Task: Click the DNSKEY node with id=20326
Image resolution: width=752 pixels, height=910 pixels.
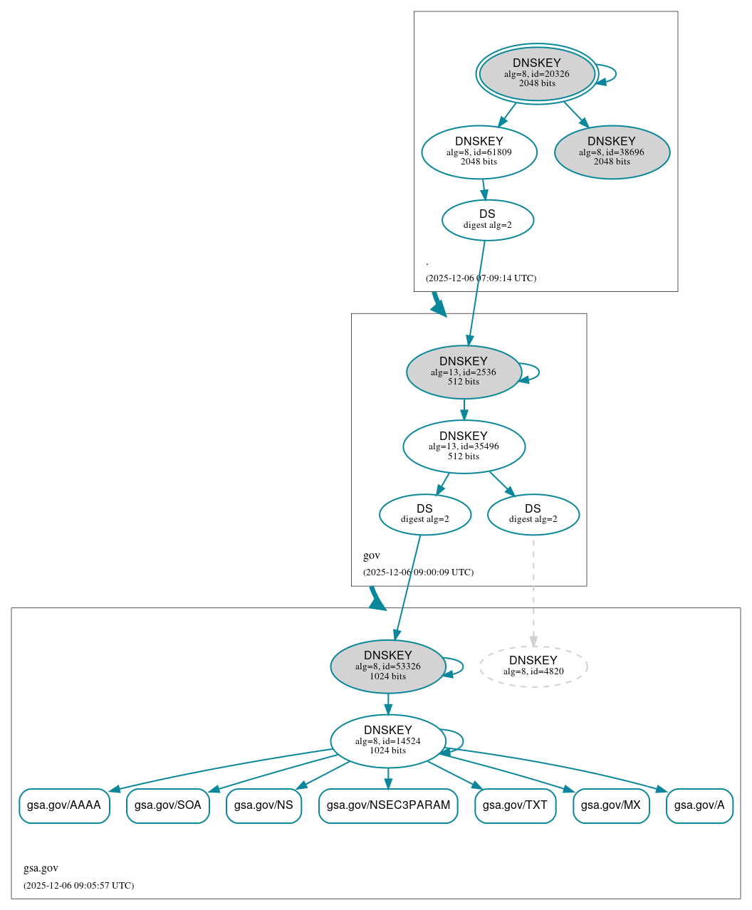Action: pos(537,74)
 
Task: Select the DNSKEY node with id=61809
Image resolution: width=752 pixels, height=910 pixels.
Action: pos(479,152)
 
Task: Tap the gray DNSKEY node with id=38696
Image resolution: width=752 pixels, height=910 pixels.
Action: pos(612,152)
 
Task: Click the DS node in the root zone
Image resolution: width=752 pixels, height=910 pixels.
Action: pos(488,220)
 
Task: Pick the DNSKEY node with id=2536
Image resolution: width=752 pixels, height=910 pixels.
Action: pos(464,372)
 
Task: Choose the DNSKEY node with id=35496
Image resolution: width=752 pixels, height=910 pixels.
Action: pos(464,447)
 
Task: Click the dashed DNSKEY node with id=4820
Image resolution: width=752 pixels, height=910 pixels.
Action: pos(533,666)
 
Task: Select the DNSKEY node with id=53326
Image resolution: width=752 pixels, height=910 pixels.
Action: pos(388,666)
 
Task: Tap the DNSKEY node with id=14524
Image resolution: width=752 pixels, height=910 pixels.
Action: pos(388,741)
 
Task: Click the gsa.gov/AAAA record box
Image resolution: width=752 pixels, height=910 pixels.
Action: pos(64,806)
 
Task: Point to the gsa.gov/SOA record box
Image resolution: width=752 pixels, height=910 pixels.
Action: pos(168,806)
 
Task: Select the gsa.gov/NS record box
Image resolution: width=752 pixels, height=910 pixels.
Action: pos(263,806)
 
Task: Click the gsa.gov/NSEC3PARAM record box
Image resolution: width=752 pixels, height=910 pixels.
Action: pos(388,806)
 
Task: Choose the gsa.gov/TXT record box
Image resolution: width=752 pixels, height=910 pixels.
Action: pos(515,806)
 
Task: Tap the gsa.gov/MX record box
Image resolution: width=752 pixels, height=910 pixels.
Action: pos(611,806)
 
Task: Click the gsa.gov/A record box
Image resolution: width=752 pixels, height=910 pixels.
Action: pos(699,806)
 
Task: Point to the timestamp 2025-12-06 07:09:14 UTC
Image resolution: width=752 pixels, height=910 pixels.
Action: pos(481,278)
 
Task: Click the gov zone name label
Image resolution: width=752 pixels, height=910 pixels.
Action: pos(372,555)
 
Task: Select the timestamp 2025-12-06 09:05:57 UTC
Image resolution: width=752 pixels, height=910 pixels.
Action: pos(78,886)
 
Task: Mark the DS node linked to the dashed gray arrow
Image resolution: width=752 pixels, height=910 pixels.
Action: pos(533,515)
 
